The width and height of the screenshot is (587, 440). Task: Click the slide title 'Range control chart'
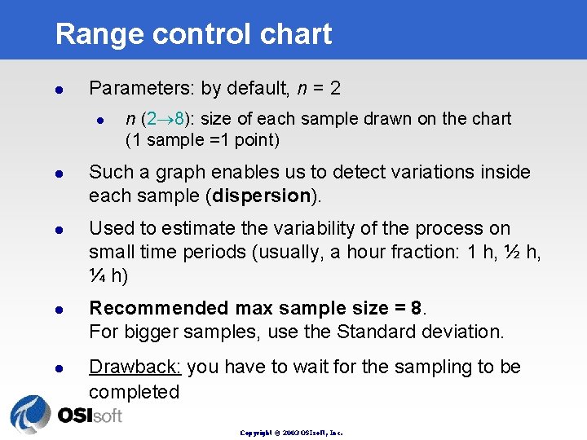(193, 34)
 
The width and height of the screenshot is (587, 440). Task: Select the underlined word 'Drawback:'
(135, 367)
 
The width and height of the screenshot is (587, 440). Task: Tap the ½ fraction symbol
(509, 253)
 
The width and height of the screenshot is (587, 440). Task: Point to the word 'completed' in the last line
(134, 392)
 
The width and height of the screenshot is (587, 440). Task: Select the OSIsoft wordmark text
(89, 416)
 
